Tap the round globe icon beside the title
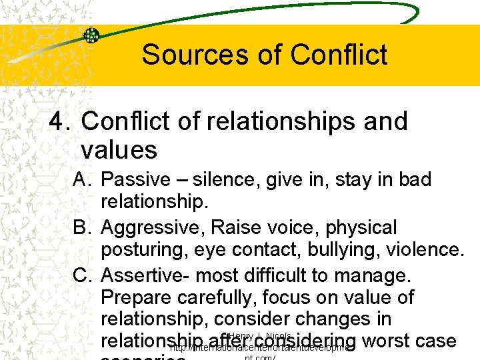click(x=91, y=35)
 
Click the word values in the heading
click(x=119, y=150)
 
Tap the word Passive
click(x=137, y=180)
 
